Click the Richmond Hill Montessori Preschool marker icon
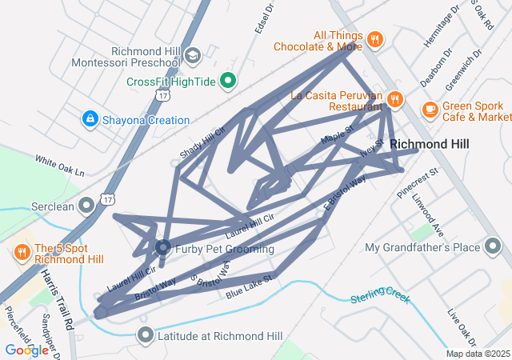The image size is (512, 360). coord(192,56)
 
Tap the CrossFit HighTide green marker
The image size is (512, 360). coord(228,81)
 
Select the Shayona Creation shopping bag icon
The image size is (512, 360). coord(90,120)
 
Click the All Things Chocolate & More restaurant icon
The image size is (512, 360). coord(374,40)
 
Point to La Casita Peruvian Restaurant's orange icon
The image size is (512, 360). coord(394,100)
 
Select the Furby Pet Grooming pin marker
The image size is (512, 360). coord(162,248)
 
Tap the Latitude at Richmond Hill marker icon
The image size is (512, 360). coord(145,334)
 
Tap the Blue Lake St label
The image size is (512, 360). coord(250,287)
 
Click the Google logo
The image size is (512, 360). coord(26,350)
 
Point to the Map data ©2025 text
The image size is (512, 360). coord(478,354)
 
